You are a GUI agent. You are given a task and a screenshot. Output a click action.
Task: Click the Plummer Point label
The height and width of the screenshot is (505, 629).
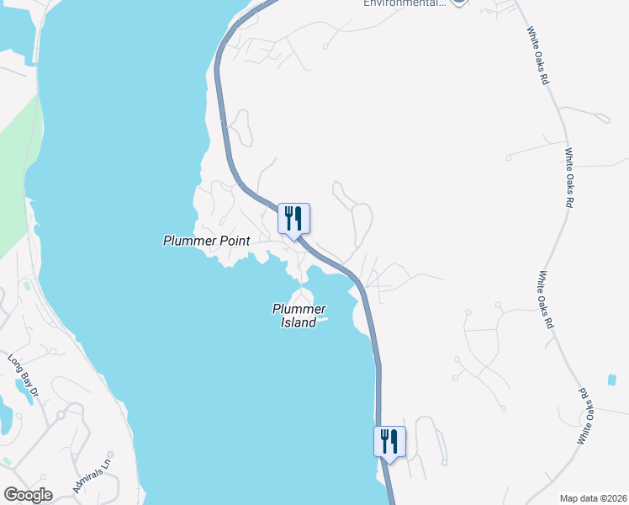(x=206, y=241)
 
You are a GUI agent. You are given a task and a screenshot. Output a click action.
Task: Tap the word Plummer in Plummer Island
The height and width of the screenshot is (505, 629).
(x=293, y=309)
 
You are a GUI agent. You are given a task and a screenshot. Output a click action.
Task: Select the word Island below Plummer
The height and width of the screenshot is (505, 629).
(x=299, y=322)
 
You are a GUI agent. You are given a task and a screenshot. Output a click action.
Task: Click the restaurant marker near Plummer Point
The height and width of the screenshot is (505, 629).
(x=293, y=219)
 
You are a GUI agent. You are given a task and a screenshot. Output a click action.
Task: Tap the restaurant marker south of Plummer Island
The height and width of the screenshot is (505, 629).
(x=389, y=441)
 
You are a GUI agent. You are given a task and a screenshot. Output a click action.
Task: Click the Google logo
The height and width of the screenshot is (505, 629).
(x=28, y=495)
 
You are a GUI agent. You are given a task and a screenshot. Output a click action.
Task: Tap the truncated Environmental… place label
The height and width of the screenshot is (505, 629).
(x=404, y=3)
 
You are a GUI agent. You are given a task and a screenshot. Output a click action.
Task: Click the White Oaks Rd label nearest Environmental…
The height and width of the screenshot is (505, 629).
(x=539, y=56)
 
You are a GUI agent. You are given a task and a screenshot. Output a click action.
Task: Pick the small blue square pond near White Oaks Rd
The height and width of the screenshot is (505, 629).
(x=611, y=380)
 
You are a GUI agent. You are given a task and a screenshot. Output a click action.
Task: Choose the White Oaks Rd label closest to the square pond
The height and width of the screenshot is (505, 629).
(x=592, y=416)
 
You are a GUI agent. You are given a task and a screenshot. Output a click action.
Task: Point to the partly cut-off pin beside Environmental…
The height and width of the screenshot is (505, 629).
(x=458, y=3)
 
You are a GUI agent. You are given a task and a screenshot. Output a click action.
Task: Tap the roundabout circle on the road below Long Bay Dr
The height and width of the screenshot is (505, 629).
(x=61, y=415)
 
